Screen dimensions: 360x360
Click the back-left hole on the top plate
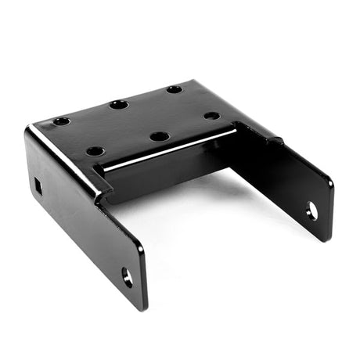(61, 121)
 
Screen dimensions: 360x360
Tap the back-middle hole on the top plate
(119, 104)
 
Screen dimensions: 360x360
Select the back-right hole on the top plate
(175, 89)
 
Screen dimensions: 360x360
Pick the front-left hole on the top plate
(95, 150)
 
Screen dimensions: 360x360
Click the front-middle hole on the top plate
(160, 136)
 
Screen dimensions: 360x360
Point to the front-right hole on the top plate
(212, 116)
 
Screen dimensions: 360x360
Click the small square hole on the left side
(38, 186)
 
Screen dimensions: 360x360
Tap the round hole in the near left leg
(127, 275)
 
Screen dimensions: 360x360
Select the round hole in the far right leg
(312, 210)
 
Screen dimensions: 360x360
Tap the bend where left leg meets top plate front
(99, 192)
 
